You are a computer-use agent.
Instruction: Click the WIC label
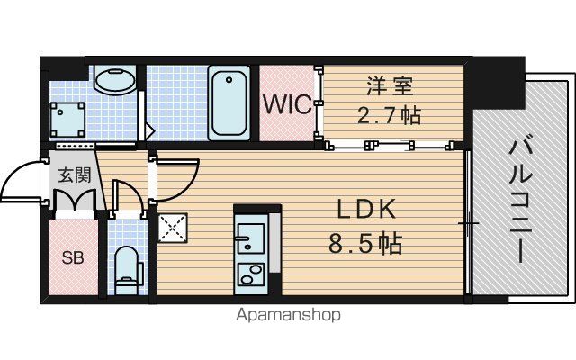(x=288, y=104)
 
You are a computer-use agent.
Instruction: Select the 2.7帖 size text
(x=389, y=115)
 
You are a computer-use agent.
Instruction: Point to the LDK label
(x=366, y=210)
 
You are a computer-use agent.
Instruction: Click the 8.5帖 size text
(x=365, y=243)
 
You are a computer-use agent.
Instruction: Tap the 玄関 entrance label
(x=75, y=175)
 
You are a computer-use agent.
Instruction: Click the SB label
(x=73, y=258)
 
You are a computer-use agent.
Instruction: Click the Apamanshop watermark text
(x=288, y=315)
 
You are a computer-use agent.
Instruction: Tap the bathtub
(x=229, y=103)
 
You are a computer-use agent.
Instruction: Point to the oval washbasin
(x=115, y=80)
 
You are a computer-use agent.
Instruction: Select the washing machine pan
(x=67, y=120)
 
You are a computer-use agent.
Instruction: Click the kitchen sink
(x=250, y=238)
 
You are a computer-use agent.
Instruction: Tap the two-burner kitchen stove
(x=251, y=274)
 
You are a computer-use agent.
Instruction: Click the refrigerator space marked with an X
(x=173, y=228)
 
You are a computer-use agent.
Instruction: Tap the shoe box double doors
(x=75, y=201)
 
